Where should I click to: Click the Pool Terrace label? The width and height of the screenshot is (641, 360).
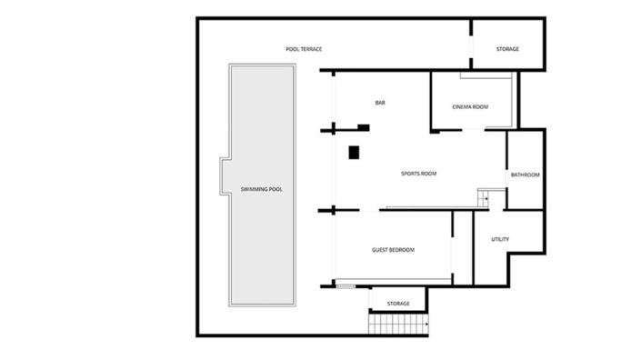click(304, 49)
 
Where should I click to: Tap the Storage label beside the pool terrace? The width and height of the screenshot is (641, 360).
click(507, 49)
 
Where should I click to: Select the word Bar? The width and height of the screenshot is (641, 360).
click(380, 103)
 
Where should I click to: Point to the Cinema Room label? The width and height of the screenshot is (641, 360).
click(470, 107)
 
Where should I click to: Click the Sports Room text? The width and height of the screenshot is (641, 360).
click(419, 174)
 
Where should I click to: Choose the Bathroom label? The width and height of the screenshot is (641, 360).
click(525, 175)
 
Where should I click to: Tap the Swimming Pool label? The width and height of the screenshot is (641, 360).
click(262, 189)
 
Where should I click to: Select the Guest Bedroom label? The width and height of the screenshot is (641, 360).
click(394, 249)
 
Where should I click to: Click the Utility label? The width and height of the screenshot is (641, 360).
click(500, 240)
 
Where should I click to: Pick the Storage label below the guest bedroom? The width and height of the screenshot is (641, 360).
click(398, 304)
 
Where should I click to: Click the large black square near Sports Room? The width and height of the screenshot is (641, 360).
click(355, 153)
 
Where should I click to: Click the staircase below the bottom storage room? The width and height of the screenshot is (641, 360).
click(398, 325)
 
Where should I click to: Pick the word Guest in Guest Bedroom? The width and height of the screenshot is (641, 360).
click(380, 249)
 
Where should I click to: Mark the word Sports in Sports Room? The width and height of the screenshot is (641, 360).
click(410, 174)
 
